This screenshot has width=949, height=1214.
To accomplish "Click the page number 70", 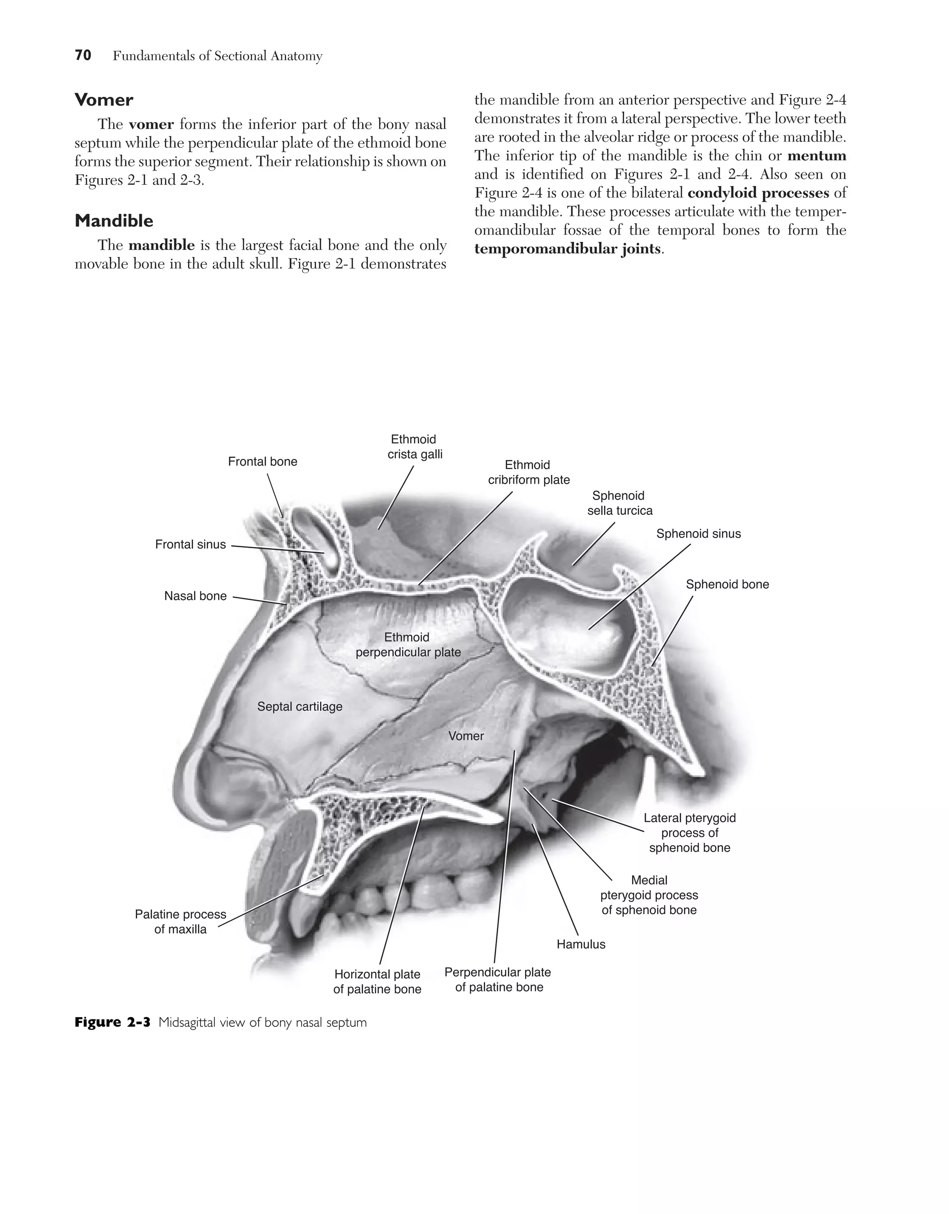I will coord(83,56).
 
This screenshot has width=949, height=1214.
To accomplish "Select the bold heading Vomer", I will coord(104,100).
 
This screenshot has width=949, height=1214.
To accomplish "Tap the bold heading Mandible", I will coord(114,221).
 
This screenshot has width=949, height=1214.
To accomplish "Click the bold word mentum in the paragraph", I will coord(816,156).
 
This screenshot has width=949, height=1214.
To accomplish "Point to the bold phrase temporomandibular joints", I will coord(568,248).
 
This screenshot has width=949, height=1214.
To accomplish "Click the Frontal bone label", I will coord(262,462).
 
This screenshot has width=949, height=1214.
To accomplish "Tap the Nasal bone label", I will coord(195,596).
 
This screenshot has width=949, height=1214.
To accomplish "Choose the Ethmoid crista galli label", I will coord(415,447).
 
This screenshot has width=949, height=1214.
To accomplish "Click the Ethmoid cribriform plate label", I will coord(529,473).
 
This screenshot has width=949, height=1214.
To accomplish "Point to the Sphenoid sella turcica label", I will coord(620,503).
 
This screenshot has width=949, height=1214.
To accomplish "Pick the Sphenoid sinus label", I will coord(698,534).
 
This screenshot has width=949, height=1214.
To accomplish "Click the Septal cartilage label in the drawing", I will coord(300,707).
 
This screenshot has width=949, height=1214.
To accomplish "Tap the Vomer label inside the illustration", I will coord(466,736).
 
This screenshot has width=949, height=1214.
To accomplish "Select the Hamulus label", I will coord(581,944).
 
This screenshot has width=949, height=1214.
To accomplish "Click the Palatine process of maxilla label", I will coord(180,922).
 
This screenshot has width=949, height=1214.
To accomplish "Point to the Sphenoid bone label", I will coord(727,584).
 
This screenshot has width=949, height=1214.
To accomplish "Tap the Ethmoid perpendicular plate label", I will coord(408,645).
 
